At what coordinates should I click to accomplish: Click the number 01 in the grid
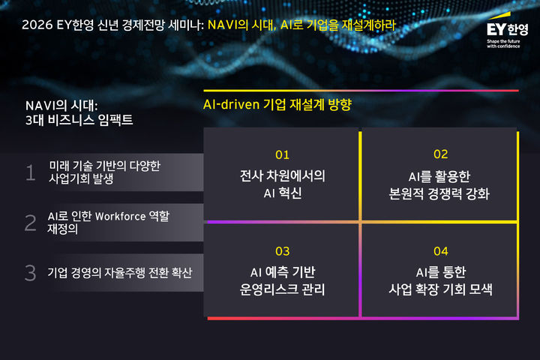pos(282,155)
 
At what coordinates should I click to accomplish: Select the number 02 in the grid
pos(440,154)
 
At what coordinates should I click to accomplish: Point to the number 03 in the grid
pos(282,251)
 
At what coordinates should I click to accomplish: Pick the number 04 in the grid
pos(440,251)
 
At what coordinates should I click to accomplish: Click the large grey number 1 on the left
pos(31,173)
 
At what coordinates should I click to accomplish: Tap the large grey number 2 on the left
pos(31,223)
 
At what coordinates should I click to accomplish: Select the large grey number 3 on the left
pos(31,273)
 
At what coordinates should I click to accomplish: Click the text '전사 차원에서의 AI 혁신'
pos(282,184)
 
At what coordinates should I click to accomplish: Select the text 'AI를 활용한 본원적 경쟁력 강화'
pos(439,184)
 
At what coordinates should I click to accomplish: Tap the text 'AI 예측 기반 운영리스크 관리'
pos(282,280)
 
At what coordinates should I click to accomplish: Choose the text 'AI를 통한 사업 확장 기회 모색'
pos(439,280)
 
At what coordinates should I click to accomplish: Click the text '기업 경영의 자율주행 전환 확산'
pos(120,273)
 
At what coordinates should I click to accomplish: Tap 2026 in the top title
pos(36,25)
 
